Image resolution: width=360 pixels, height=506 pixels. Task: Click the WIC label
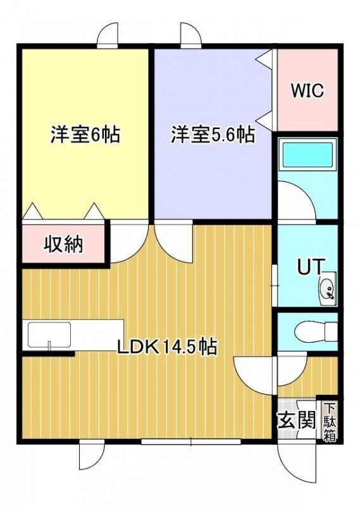(x=307, y=90)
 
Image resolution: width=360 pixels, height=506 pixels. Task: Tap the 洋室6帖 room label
(x=85, y=135)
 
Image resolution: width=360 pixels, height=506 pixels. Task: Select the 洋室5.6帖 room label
(x=213, y=135)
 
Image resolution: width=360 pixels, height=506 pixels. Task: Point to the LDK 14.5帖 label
(x=166, y=347)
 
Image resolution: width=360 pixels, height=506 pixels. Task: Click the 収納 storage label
(x=64, y=244)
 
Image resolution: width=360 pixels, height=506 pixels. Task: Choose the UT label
(x=310, y=267)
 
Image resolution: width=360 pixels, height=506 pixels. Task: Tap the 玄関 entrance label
(x=296, y=421)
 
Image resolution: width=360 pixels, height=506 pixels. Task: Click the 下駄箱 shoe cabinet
(x=330, y=422)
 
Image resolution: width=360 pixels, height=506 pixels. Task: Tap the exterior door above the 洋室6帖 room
(x=108, y=34)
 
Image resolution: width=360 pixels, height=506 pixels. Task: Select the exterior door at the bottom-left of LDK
(x=92, y=457)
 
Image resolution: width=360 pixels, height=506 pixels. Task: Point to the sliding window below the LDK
(x=191, y=441)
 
